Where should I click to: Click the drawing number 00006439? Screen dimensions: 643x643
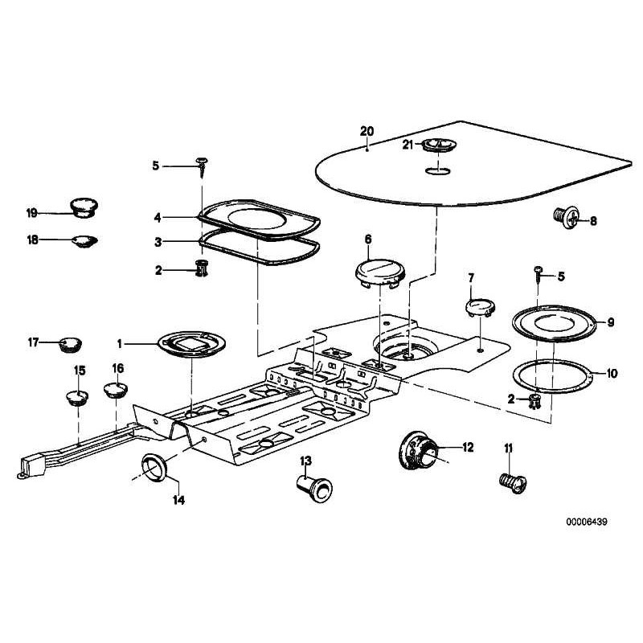click(586, 521)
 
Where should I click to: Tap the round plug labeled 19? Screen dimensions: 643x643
click(81, 207)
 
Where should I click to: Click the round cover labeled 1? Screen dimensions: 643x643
click(192, 343)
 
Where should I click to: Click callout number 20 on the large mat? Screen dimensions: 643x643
click(367, 130)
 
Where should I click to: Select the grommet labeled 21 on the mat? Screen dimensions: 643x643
click(439, 145)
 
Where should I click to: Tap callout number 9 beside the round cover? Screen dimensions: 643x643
click(610, 322)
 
